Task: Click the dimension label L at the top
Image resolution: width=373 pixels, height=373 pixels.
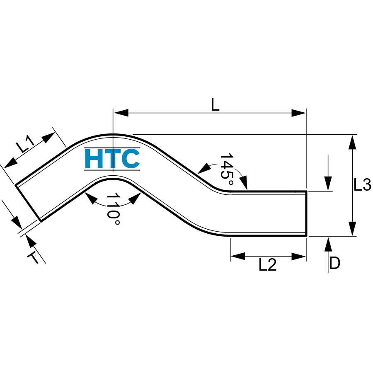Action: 215,105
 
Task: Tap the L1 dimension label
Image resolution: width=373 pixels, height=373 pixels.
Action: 25,144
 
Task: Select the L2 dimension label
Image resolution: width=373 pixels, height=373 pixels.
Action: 268,265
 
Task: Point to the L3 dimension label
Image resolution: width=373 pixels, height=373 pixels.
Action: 362,185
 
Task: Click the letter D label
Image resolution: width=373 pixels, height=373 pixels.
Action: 335,263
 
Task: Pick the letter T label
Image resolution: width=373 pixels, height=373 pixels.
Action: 33,257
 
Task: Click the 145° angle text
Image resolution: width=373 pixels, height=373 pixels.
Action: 227,170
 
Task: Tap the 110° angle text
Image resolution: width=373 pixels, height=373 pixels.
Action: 113,209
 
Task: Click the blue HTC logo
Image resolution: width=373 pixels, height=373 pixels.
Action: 112,159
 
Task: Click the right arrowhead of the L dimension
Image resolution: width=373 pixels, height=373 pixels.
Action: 298,113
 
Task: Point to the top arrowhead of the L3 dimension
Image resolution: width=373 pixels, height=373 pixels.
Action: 352,142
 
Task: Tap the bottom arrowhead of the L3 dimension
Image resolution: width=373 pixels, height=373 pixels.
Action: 352,229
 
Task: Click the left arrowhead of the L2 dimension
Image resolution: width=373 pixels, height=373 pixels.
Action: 237,257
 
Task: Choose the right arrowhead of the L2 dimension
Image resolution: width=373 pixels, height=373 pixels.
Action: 298,257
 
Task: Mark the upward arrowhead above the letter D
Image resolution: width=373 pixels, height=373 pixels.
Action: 328,244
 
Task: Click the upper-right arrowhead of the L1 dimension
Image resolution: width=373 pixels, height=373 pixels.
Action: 48,137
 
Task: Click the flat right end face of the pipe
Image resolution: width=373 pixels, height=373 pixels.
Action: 306,213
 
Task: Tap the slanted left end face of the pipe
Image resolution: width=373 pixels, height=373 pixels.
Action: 28,203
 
